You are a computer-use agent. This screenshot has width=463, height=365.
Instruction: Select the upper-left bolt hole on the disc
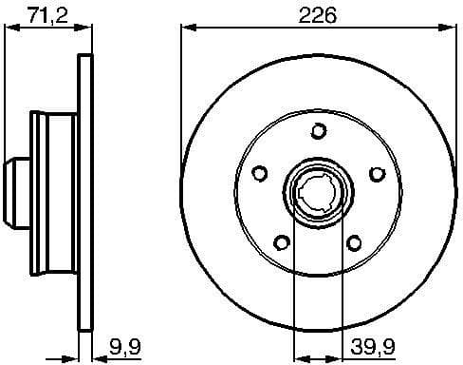[257, 173]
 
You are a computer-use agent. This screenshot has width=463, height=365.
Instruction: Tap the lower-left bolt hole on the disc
[280, 242]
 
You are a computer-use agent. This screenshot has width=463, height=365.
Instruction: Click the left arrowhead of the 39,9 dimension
[298, 346]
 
